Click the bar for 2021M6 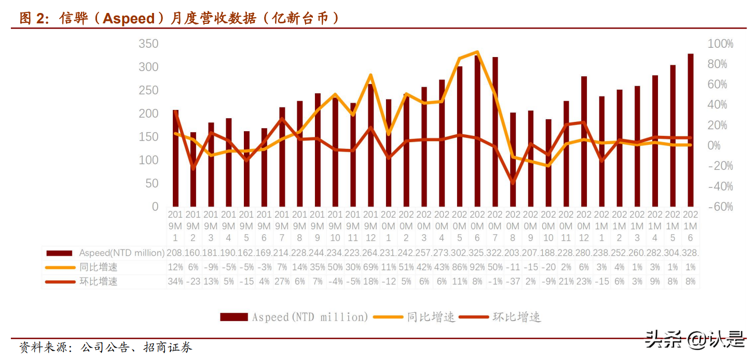691,130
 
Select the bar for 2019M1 175,158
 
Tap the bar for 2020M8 513,159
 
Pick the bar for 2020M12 584,141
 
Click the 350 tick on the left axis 148,44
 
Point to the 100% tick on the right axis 720,44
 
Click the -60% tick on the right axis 720,206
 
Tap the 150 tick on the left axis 148,137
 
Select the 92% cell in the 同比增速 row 477,267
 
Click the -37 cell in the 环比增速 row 513,281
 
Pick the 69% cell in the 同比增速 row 370,267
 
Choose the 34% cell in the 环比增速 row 175,281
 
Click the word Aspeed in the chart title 129,19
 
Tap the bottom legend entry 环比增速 516,316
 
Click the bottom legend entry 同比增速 431,316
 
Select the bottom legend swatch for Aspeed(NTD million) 233,316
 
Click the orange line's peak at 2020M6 477,52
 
